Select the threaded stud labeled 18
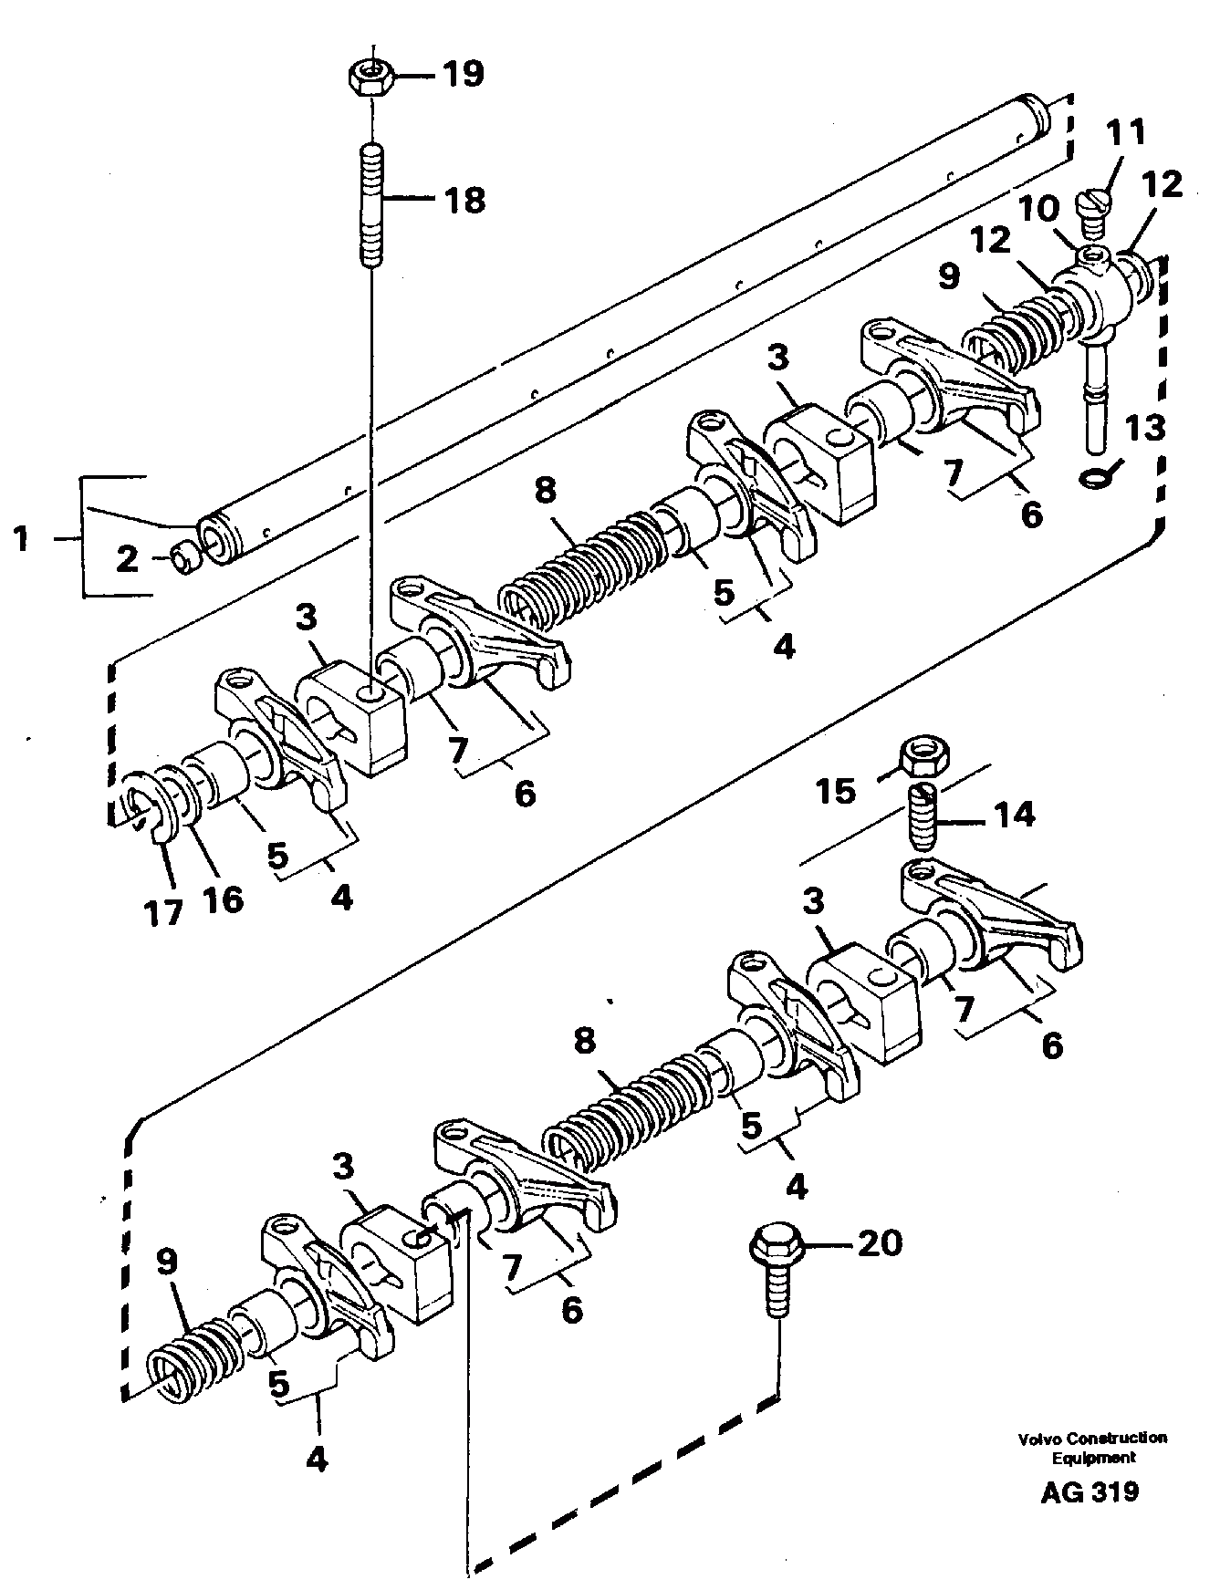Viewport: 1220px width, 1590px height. [x=372, y=204]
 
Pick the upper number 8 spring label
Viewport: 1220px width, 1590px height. [x=544, y=491]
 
